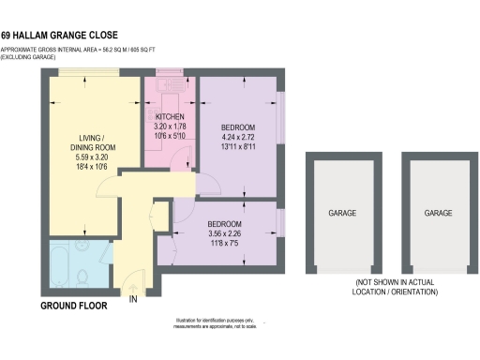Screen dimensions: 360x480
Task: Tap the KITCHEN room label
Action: [169, 116]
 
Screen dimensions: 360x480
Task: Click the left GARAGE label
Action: [341, 214]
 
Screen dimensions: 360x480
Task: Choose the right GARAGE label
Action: [438, 214]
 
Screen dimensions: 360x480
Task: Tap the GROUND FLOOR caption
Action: [73, 306]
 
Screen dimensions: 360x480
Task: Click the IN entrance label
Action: [134, 299]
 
